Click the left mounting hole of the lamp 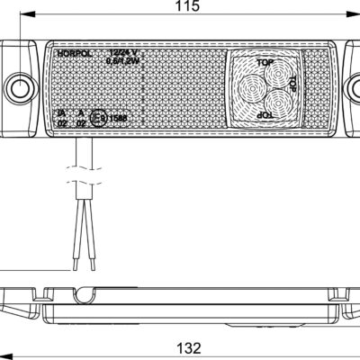click(x=20, y=87)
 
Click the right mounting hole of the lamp click(x=354, y=87)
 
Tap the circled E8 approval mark click(x=107, y=115)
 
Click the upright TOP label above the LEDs click(x=264, y=62)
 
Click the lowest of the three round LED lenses click(x=277, y=107)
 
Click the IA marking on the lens click(x=61, y=112)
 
